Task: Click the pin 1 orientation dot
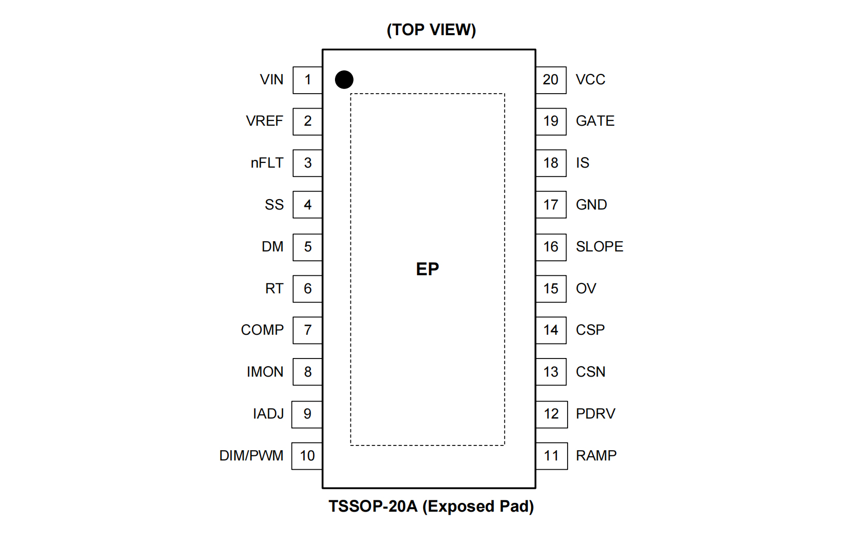344,80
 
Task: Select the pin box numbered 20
551,80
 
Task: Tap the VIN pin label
271,80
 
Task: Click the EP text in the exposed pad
427,269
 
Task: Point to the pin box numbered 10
307,456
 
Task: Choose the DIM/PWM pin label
251,456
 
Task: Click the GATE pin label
595,121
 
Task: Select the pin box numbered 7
308,330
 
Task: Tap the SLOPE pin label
599,247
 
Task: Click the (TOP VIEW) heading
431,30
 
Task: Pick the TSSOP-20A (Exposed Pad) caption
431,506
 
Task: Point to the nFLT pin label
267,163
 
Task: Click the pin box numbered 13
551,372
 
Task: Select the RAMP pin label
596,456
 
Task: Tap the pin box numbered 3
308,163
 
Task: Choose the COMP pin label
262,330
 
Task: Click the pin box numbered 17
551,205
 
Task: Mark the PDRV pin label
596,414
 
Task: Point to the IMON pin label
265,372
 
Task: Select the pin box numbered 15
551,289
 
